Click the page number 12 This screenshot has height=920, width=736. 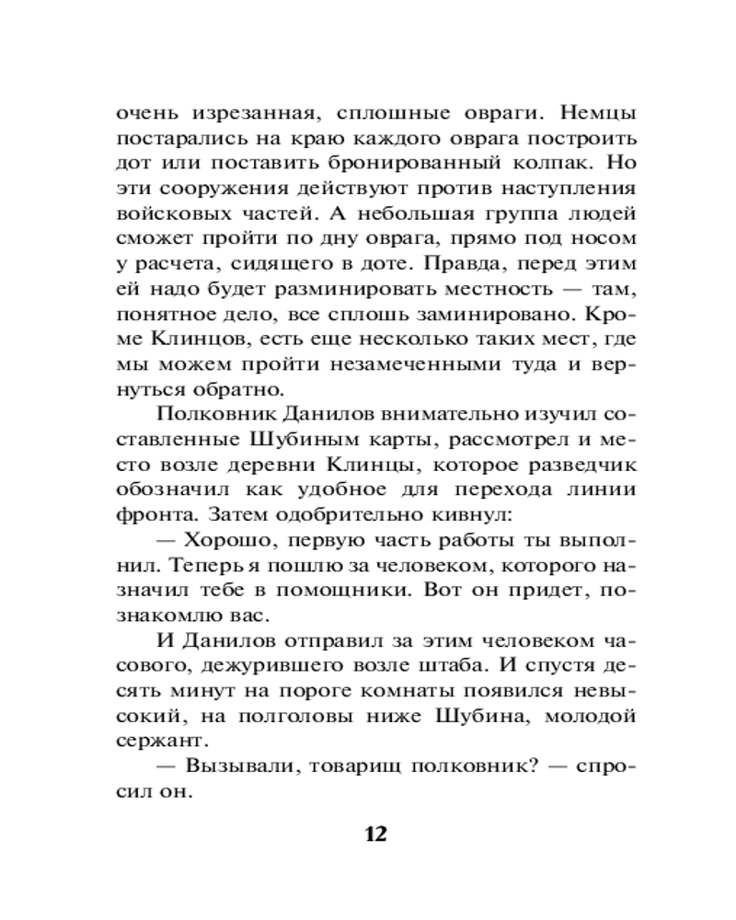tap(375, 834)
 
